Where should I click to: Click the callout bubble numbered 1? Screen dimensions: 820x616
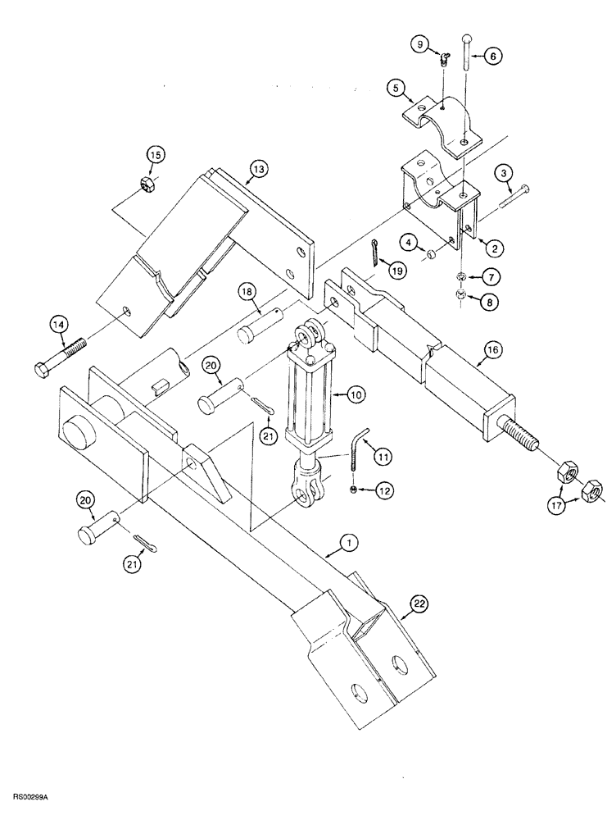(x=347, y=542)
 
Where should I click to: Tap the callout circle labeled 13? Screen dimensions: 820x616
(x=258, y=170)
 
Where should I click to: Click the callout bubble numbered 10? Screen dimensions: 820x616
(x=356, y=394)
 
